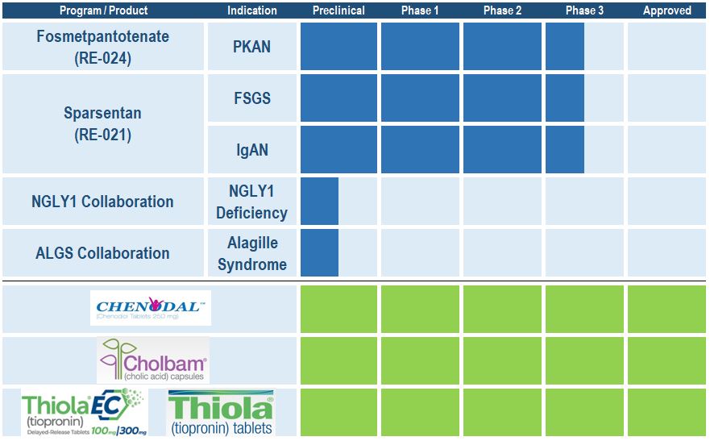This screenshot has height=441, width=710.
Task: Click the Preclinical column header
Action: click(338, 10)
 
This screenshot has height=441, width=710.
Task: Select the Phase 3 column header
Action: click(585, 10)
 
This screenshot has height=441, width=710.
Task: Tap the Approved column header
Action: click(666, 10)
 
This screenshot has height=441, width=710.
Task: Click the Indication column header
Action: click(252, 10)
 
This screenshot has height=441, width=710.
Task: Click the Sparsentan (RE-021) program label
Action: click(102, 124)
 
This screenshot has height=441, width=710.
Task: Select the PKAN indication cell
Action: click(252, 47)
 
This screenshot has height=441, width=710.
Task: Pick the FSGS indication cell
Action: click(252, 98)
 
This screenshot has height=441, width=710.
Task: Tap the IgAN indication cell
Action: click(252, 150)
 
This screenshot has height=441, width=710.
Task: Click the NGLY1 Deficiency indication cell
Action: click(252, 202)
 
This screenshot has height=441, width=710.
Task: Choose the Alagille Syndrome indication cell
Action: click(252, 253)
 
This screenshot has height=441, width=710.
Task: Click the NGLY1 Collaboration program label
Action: click(102, 202)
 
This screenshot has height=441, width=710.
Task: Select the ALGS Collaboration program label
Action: click(102, 253)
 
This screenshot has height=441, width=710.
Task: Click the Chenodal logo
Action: click(151, 308)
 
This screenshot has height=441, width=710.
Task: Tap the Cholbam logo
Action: click(153, 360)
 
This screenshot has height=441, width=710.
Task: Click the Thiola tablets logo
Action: click(220, 413)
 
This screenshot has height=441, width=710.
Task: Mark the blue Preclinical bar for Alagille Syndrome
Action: click(319, 253)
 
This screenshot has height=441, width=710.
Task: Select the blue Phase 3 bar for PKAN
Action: click(565, 47)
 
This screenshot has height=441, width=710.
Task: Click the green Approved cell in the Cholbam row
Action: click(666, 360)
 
